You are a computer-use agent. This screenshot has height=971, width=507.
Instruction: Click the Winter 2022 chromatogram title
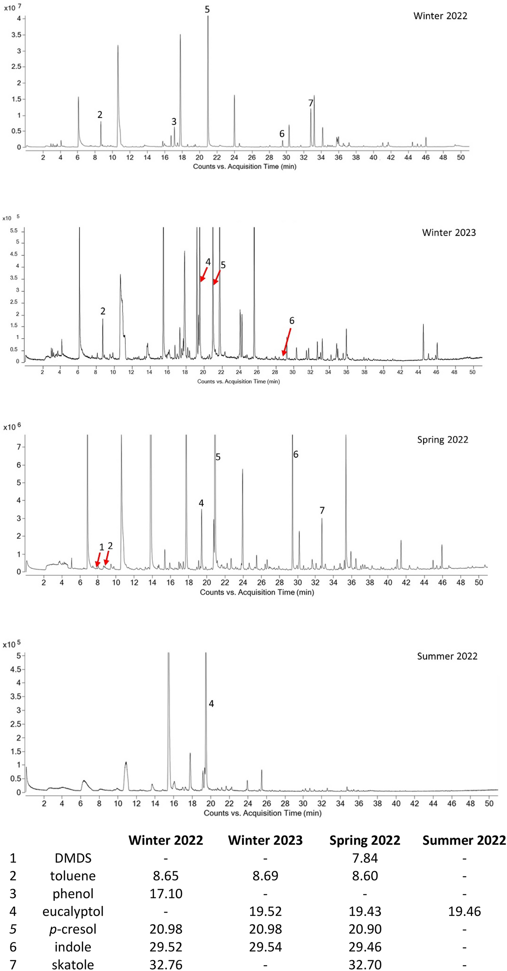pyautogui.click(x=440, y=16)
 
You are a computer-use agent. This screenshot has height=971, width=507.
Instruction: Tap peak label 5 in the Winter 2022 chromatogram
pyautogui.click(x=207, y=9)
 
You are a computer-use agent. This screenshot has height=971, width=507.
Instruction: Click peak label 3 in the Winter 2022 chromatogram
pyautogui.click(x=174, y=122)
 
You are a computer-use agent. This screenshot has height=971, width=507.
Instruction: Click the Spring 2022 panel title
pyautogui.click(x=442, y=440)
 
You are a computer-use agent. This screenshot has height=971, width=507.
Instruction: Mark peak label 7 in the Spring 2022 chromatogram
pyautogui.click(x=322, y=510)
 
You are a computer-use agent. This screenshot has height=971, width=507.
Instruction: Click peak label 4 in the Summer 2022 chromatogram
pyautogui.click(x=211, y=704)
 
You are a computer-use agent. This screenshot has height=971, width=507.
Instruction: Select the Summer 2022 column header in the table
pyautogui.click(x=464, y=840)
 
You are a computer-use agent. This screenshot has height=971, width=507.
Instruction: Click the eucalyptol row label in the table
pyautogui.click(x=73, y=911)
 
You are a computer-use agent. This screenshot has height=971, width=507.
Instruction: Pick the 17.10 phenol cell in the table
pyautogui.click(x=166, y=894)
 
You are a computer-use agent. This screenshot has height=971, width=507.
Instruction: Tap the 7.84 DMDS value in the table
pyautogui.click(x=365, y=858)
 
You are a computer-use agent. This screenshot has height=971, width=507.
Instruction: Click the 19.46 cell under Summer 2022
pyautogui.click(x=464, y=911)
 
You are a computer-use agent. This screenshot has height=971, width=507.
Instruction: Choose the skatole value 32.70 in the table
pyautogui.click(x=365, y=964)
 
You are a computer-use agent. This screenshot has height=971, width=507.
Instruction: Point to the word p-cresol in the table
pyautogui.click(x=73, y=929)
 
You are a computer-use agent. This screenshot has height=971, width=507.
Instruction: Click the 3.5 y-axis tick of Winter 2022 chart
pyautogui.click(x=16, y=35)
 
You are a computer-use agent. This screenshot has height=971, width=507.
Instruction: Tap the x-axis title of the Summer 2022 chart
pyautogui.click(x=263, y=813)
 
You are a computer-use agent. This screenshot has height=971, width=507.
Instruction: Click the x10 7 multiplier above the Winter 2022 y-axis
pyautogui.click(x=12, y=8)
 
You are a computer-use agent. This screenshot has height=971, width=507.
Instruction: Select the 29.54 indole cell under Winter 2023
pyautogui.click(x=265, y=947)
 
